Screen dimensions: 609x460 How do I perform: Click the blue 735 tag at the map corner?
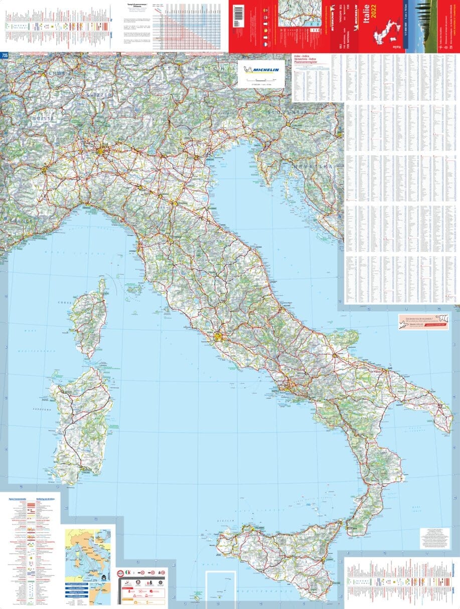click(x=5, y=55)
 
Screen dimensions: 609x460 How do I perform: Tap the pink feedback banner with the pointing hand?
click(x=422, y=321)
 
